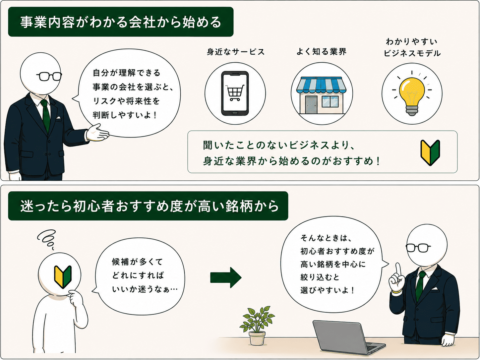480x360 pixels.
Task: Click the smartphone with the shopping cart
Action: point(235,93)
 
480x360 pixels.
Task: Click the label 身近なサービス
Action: point(236,52)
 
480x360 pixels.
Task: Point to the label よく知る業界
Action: point(322,52)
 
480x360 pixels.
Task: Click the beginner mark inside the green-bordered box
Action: point(430,152)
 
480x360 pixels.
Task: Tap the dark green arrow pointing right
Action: point(226,277)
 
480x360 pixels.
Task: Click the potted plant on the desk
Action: point(257,326)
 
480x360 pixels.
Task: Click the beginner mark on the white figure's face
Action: point(63,277)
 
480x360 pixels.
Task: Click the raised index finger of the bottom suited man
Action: point(398,271)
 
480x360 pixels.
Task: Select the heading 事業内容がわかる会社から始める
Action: point(121,22)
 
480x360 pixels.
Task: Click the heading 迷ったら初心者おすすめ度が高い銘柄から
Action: point(150,206)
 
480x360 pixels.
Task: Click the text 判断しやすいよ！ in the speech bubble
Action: point(125,115)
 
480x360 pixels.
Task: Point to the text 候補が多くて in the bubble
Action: point(137,262)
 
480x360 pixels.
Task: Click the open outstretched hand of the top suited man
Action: point(97,133)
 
